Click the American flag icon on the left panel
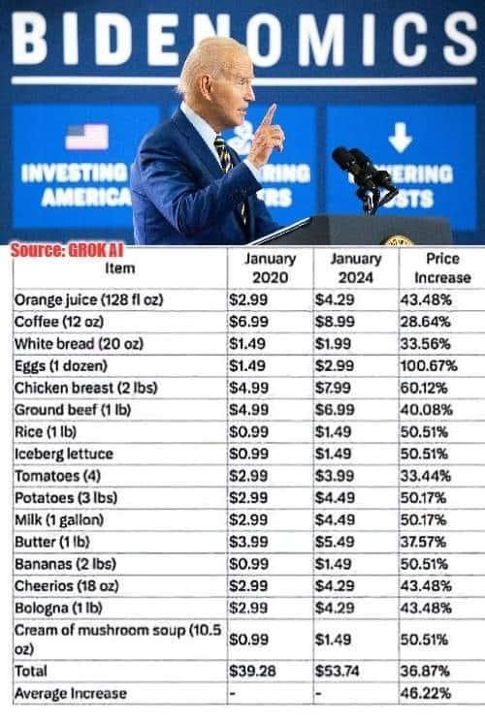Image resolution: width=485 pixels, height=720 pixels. pos(86,137)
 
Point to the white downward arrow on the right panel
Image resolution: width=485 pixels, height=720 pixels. pos(400,139)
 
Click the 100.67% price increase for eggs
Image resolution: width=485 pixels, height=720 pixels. pos(428,365)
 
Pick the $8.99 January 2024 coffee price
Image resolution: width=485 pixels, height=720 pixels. pos(336,321)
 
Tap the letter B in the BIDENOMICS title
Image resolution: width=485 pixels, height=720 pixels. pos(33,41)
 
